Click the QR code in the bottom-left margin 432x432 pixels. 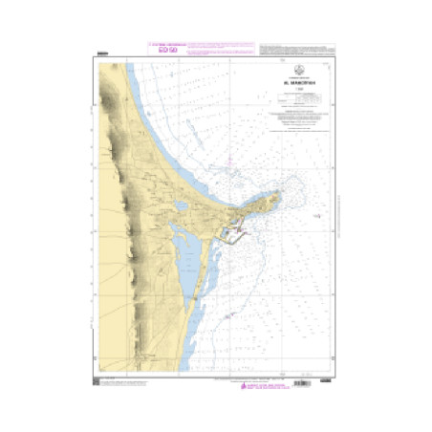pyautogui.click(x=97, y=383)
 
